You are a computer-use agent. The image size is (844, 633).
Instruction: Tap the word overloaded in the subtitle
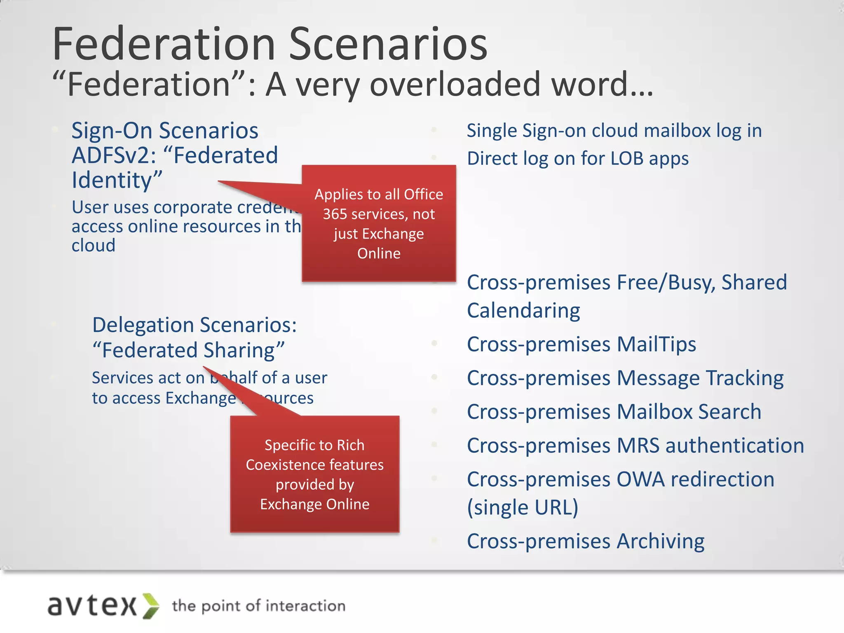[x=455, y=84]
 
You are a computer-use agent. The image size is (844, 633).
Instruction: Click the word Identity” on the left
[x=117, y=181]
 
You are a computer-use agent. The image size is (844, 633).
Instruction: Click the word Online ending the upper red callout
[x=379, y=253]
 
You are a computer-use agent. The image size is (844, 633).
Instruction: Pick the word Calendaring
[x=523, y=311]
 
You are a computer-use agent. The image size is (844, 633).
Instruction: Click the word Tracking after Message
[x=744, y=378]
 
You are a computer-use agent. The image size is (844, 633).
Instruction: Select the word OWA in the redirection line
[x=640, y=480]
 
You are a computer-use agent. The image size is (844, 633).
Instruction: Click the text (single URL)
[x=523, y=507]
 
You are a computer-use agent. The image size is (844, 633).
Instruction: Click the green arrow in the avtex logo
[x=151, y=606]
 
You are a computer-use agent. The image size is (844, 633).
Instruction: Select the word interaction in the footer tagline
[x=305, y=606]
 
